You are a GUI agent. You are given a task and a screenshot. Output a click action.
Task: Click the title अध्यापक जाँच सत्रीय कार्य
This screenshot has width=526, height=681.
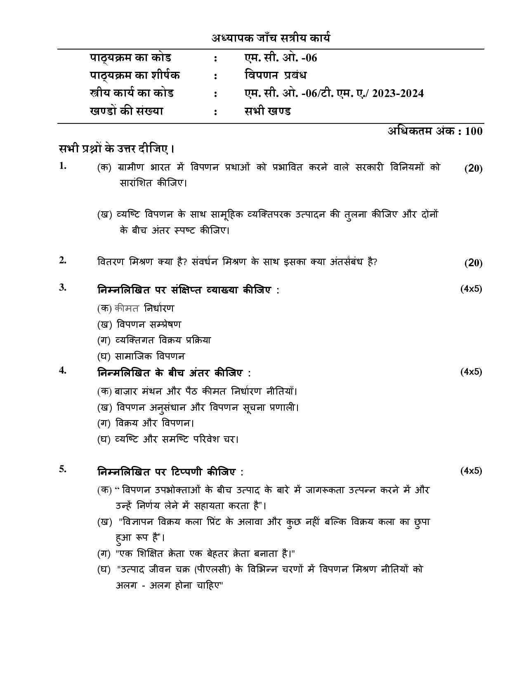(x=271, y=38)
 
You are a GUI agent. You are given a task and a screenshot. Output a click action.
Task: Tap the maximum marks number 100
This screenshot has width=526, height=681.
(x=473, y=131)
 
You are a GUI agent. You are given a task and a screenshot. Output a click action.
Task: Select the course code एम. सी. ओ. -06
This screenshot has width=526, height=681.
(x=281, y=58)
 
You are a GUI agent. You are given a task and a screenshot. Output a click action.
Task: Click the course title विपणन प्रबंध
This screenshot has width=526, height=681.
(x=275, y=76)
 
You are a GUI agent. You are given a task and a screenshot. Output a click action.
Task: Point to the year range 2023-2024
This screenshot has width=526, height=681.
(x=398, y=94)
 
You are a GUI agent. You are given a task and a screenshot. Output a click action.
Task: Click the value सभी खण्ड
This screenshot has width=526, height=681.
(x=267, y=111)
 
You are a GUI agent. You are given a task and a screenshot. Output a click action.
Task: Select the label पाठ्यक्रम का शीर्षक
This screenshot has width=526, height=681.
(x=135, y=76)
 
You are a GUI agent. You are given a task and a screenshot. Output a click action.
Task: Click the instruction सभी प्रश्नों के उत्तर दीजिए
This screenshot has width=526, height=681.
(x=116, y=149)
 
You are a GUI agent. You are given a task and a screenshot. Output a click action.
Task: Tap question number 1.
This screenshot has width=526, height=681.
(x=63, y=166)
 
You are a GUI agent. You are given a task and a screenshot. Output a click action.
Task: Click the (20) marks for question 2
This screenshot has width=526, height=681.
(x=473, y=263)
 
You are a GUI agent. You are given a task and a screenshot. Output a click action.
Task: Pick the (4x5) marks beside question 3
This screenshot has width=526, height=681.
(x=471, y=289)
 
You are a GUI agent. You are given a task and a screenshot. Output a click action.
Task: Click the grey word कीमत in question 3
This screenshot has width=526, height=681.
(x=127, y=308)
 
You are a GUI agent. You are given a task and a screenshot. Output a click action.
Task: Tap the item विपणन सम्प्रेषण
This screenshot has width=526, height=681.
(x=149, y=324)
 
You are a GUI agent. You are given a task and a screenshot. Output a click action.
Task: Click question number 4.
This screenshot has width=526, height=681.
(x=63, y=370)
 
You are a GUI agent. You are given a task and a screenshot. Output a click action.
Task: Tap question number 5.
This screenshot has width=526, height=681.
(x=63, y=469)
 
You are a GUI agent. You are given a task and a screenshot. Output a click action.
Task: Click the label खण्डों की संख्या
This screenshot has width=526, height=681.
(x=127, y=111)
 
